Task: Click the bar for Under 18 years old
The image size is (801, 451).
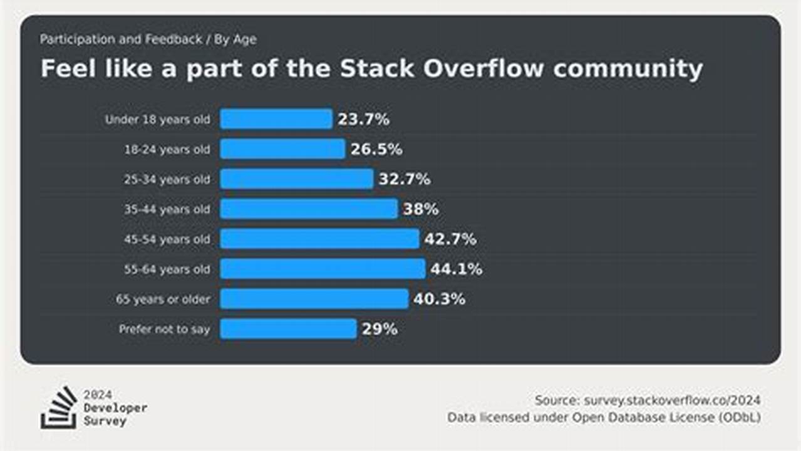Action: point(276,119)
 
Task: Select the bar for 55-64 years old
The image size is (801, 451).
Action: point(323,269)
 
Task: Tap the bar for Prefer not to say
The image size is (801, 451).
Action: point(288,329)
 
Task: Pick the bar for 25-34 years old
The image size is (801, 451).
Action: point(296,179)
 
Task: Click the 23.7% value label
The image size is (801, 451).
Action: point(363,119)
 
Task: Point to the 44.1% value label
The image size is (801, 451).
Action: point(456,269)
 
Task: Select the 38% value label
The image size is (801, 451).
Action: point(420,209)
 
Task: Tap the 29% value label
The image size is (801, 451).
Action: point(379,329)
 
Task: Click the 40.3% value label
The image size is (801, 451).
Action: point(439,299)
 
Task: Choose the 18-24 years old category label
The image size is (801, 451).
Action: point(167,150)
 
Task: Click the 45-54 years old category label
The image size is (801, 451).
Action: point(167,239)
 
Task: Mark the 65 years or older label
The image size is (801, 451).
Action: point(163,299)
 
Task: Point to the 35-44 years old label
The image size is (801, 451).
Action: point(167,209)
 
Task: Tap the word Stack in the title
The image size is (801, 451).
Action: point(378,68)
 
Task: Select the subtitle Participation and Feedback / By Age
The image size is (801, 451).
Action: point(148,39)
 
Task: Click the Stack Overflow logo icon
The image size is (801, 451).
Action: point(59,408)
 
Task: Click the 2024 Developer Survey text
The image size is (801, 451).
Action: point(115,408)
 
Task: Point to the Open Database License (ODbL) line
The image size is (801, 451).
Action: point(604,417)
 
